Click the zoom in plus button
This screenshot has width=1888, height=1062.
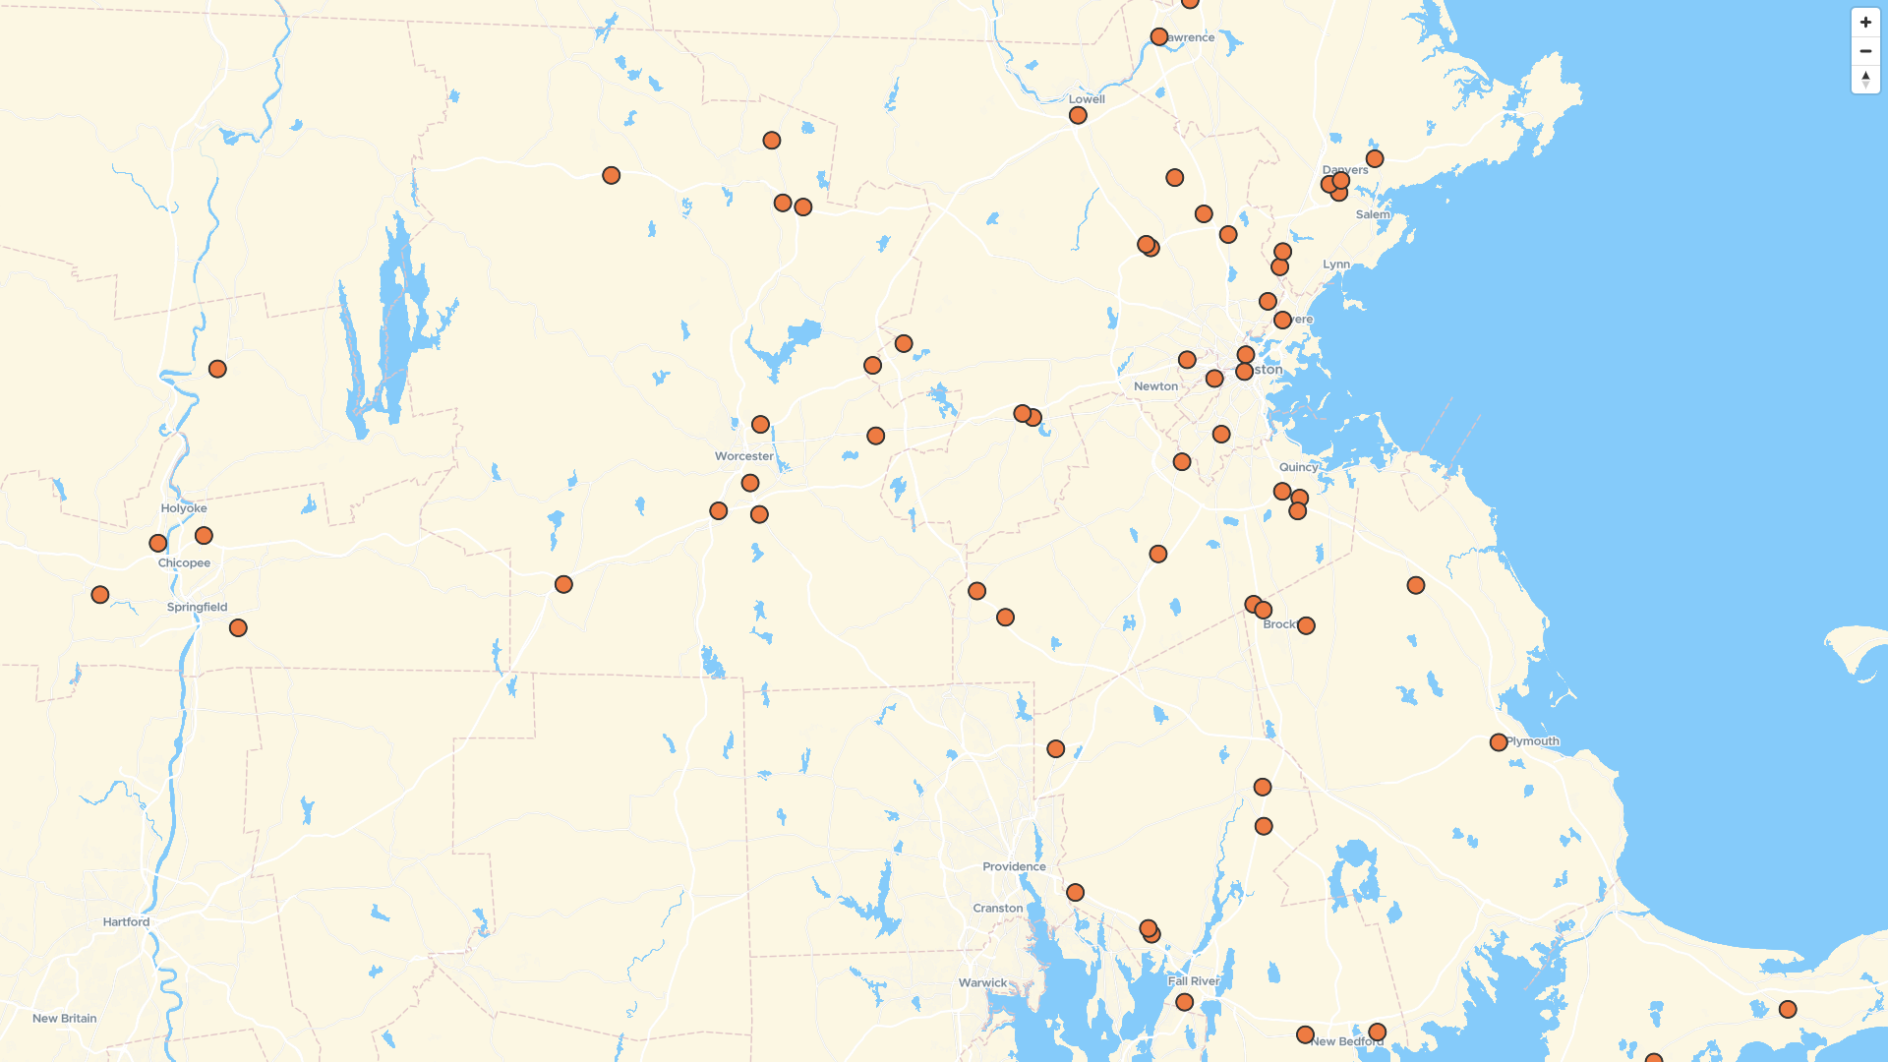[1865, 23]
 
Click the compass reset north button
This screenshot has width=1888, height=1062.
[1865, 80]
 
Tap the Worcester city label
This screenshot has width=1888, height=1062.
[743, 456]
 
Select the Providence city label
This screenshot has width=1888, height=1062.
[1014, 866]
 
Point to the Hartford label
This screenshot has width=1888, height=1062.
[126, 921]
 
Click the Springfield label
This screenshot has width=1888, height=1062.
[197, 607]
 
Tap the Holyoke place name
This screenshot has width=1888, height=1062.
[184, 508]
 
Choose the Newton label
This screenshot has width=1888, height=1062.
[1155, 386]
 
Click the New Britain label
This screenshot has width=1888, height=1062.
[65, 1018]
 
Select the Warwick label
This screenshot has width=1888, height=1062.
[982, 982]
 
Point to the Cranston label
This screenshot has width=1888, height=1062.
[997, 908]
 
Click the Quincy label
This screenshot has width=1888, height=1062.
[1298, 467]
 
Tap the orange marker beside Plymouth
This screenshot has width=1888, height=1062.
[1498, 742]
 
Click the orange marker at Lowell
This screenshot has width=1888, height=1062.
[1078, 116]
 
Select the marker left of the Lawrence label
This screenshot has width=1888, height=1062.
[1158, 37]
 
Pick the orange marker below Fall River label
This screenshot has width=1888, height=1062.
[1184, 1002]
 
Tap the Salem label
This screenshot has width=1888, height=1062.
[1373, 214]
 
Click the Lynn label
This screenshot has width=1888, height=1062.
[1335, 265]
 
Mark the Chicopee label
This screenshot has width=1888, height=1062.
[184, 563]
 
